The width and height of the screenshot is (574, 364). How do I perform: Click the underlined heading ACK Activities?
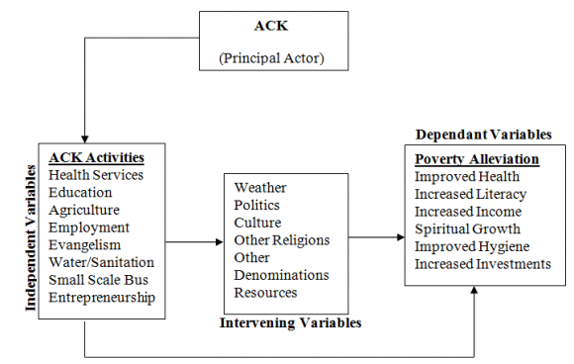pos(97,157)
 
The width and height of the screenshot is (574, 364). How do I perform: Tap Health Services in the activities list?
pos(97,175)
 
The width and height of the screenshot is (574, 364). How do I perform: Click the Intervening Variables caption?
pos(290,322)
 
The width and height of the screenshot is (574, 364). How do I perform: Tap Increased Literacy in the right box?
pos(470,194)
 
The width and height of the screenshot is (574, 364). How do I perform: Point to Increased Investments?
pos(482,263)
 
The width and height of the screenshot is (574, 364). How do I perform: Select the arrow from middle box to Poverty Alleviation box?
pos(375,237)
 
